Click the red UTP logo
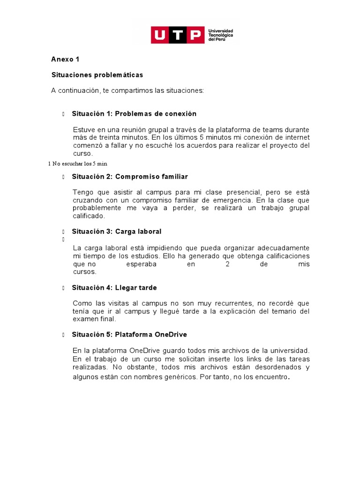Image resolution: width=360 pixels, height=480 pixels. coord(178,35)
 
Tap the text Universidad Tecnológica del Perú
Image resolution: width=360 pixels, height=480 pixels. coord(220,35)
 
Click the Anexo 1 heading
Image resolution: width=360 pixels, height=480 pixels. coord(65,60)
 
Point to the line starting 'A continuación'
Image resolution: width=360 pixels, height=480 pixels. coord(127,90)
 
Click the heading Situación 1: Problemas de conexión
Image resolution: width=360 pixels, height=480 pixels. coord(134,114)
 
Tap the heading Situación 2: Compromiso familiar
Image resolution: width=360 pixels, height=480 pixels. coord(130,177)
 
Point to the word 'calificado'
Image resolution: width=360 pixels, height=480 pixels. coord(90,216)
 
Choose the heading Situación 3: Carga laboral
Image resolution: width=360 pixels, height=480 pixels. coord(117,232)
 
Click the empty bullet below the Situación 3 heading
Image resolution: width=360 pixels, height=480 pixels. coord(62,240)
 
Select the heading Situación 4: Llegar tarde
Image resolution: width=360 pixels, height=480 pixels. coord(114,288)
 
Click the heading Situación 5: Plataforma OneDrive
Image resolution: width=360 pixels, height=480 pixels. coord(129,335)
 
